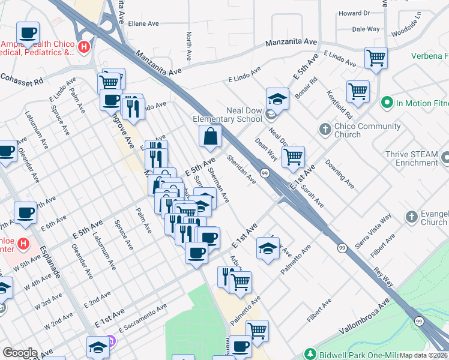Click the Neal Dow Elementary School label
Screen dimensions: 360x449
tap(228, 115)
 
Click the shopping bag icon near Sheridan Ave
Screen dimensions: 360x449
tap(211, 137)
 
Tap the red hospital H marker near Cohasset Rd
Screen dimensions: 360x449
tap(85, 46)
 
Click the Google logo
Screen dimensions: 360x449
tap(20, 353)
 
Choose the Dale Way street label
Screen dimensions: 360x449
tap(366, 29)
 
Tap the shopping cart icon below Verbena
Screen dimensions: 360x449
tap(376, 59)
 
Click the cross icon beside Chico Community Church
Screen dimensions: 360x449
tap(325, 130)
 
